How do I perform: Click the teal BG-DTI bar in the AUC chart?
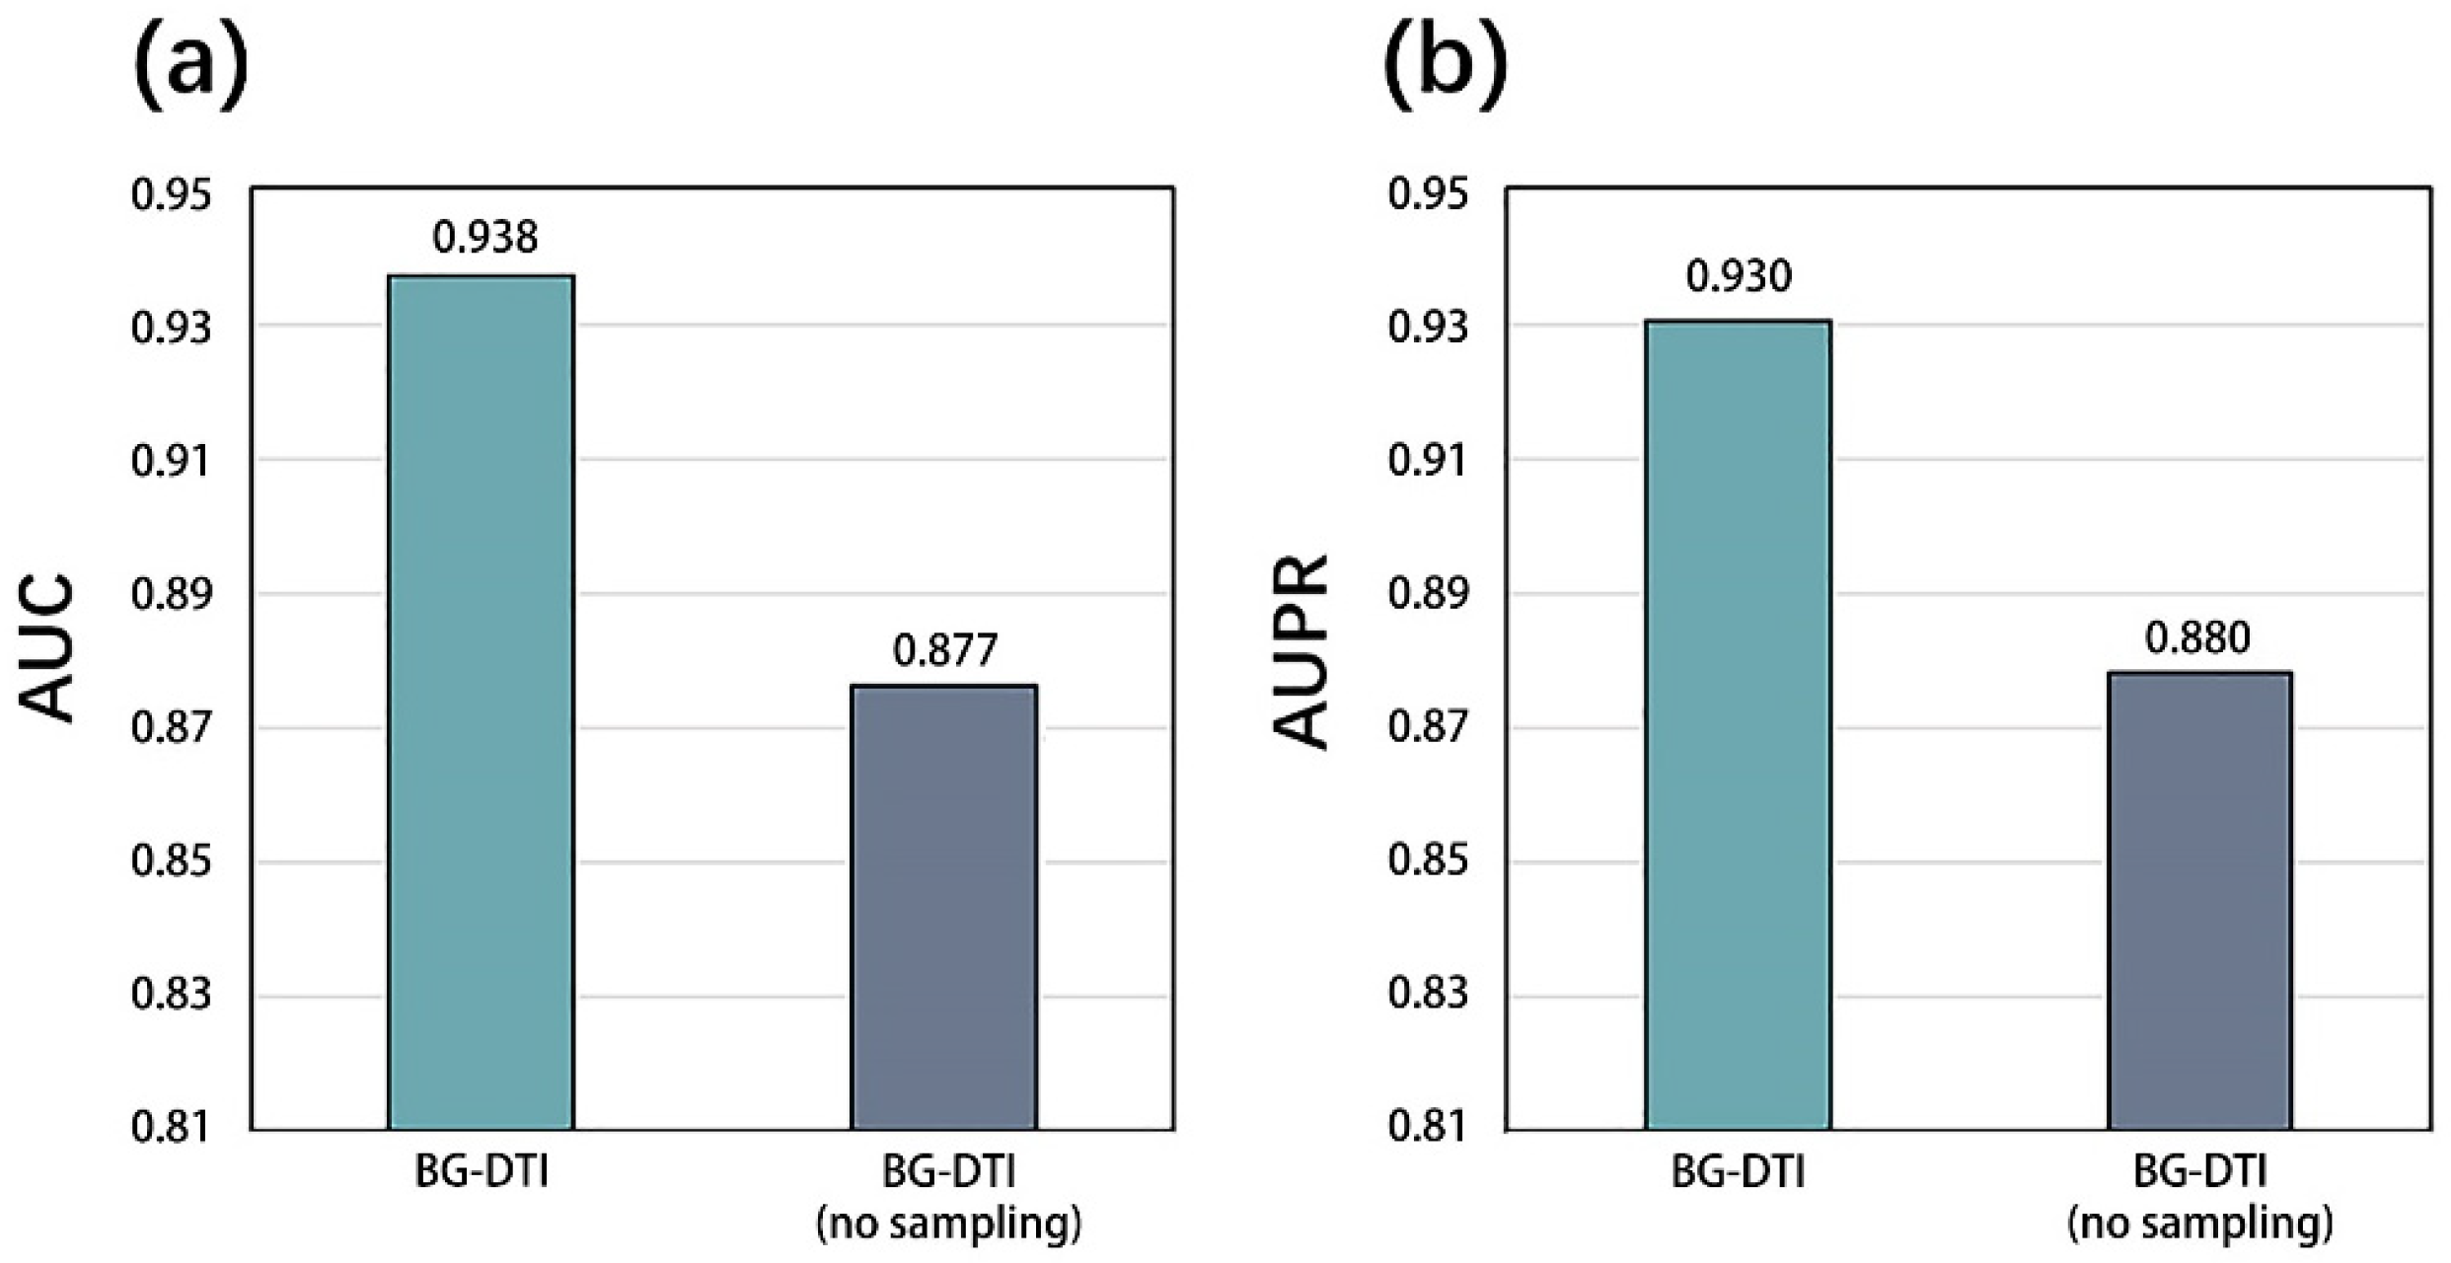pos(482,703)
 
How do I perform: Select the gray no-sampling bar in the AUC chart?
pos(944,908)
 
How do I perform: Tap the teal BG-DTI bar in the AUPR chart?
pos(1738,725)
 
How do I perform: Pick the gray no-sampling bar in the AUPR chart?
pos(2199,901)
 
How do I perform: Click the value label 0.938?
pos(485,238)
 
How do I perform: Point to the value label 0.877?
pos(945,650)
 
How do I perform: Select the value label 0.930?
pos(1739,276)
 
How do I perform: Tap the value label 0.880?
pos(2198,638)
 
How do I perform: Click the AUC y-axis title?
pos(47,648)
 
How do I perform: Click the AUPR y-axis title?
pos(1301,652)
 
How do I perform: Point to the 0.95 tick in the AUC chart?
pos(172,194)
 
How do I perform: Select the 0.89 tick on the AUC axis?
pos(172,595)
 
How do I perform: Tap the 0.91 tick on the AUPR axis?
pos(1428,461)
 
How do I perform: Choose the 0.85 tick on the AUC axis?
pos(172,861)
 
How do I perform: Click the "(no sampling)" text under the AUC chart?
pos(948,1225)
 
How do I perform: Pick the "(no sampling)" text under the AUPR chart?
pos(2200,1225)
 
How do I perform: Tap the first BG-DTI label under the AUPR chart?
pos(1738,1172)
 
